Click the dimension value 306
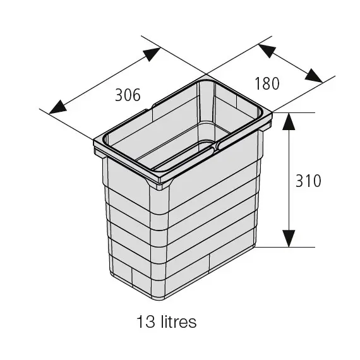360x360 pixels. pyautogui.click(x=128, y=95)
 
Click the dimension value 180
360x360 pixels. pyautogui.click(x=267, y=83)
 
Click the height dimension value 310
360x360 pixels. pyautogui.click(x=308, y=181)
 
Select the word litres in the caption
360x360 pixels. pyautogui.click(x=179, y=321)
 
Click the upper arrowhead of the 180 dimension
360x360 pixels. pyautogui.click(x=267, y=51)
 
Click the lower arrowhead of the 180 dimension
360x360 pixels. pyautogui.click(x=314, y=75)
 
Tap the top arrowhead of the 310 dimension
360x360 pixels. pyautogui.click(x=289, y=122)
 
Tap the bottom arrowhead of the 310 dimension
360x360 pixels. pyautogui.click(x=289, y=239)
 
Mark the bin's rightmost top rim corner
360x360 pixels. pyautogui.click(x=272, y=112)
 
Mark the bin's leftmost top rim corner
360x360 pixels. pyautogui.click(x=94, y=140)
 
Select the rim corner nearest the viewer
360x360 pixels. pyautogui.click(x=160, y=181)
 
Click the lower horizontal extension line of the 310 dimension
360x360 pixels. pyautogui.click(x=285, y=248)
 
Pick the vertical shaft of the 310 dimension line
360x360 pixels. pyautogui.click(x=289, y=180)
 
